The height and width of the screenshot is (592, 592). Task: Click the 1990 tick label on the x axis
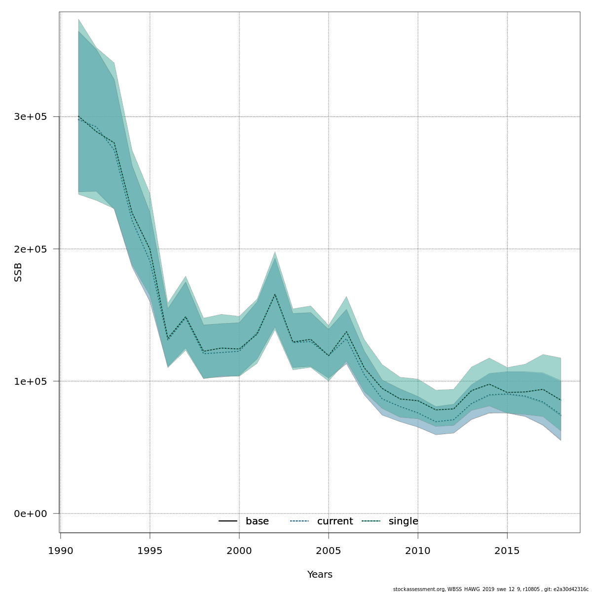coord(61,551)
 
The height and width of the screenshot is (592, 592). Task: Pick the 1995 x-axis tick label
coord(150,551)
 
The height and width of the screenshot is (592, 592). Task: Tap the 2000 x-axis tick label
coord(239,551)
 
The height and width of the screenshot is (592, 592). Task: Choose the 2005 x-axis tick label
coord(329,551)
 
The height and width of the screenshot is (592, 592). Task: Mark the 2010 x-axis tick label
coord(418,551)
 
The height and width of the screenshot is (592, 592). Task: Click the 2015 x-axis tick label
coord(507,551)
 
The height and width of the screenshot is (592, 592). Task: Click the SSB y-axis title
coord(18,272)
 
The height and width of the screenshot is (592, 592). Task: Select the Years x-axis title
coord(320,575)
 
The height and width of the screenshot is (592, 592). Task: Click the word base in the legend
coord(257,521)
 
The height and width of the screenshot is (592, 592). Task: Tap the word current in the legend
coord(335,521)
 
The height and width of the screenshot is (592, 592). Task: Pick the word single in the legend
coord(403,521)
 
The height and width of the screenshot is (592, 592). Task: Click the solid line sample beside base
coord(228,521)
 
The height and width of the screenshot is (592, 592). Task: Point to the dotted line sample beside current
coord(299,521)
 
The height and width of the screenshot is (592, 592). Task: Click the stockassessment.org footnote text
coord(490,589)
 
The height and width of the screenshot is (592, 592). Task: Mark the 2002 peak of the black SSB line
coord(275,295)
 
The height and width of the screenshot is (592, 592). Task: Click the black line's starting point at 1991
coord(78,116)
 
